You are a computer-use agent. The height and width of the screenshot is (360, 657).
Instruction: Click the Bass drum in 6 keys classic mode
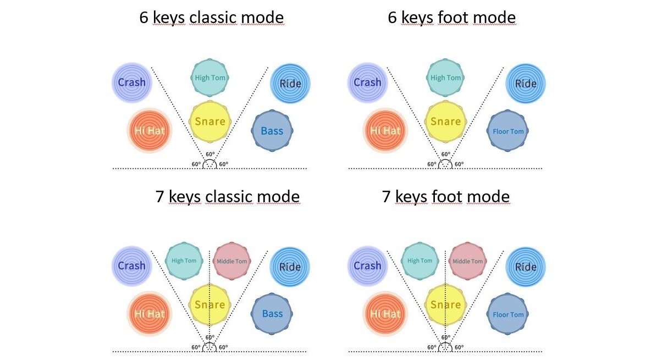click(x=272, y=131)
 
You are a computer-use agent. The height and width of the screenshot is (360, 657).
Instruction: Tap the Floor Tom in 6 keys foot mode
click(x=508, y=131)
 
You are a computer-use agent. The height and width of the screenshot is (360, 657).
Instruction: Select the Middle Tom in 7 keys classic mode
click(x=231, y=261)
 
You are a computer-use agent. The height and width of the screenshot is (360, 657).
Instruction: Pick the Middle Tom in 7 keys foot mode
click(x=468, y=261)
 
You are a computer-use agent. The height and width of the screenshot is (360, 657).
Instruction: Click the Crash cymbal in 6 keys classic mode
click(x=131, y=82)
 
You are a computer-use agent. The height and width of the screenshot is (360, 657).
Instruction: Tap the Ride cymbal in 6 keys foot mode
click(x=526, y=84)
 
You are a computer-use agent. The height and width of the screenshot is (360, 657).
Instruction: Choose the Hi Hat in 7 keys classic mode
click(x=150, y=313)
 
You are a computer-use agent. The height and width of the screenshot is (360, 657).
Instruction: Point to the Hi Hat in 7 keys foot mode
click(x=385, y=313)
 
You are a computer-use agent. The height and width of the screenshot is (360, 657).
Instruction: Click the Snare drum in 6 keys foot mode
click(x=445, y=121)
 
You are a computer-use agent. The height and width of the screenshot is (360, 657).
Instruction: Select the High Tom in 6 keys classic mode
click(x=210, y=77)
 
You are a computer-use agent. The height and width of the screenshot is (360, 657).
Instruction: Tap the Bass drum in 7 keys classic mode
click(x=272, y=313)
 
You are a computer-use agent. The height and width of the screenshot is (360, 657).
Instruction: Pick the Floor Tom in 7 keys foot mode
click(x=508, y=314)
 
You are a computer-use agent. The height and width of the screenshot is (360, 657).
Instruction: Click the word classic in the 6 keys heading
click(x=213, y=18)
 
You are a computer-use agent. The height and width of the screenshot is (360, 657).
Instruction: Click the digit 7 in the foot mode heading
click(x=387, y=197)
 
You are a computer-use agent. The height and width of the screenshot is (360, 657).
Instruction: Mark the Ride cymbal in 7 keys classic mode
click(x=290, y=267)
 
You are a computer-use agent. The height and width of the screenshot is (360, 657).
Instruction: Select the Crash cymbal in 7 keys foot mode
click(x=367, y=265)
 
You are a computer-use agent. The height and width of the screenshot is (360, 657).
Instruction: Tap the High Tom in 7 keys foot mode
click(x=420, y=261)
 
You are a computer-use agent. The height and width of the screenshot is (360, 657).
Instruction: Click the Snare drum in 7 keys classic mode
click(x=210, y=304)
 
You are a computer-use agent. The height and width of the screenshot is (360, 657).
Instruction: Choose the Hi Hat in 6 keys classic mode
click(x=150, y=131)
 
